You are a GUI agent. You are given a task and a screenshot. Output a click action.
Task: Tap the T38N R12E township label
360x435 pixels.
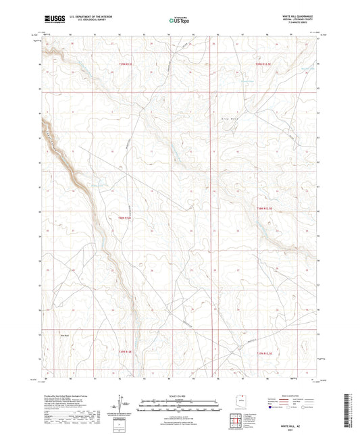pyautogui.click(x=123, y=217)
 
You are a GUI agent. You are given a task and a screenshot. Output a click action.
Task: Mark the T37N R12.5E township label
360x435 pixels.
pyautogui.click(x=267, y=353)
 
